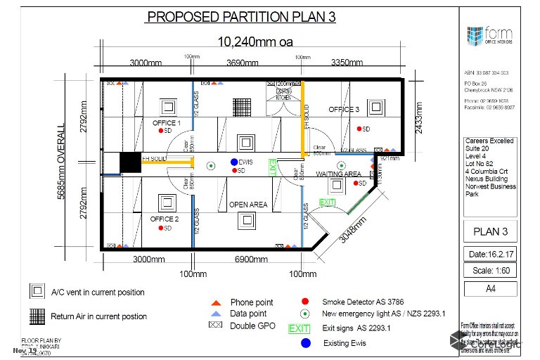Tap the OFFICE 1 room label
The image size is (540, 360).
[167, 123]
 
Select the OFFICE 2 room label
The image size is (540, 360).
[165, 219]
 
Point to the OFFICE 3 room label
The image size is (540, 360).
[345, 110]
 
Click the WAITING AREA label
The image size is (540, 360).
[338, 174]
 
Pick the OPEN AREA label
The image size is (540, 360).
[248, 205]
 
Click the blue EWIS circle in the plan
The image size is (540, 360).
[234, 162]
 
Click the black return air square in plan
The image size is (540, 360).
[130, 162]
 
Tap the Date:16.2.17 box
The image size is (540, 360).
[491, 253]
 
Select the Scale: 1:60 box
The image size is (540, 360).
[491, 270]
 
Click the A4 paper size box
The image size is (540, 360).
[491, 288]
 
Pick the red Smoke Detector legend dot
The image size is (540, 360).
[304, 300]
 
